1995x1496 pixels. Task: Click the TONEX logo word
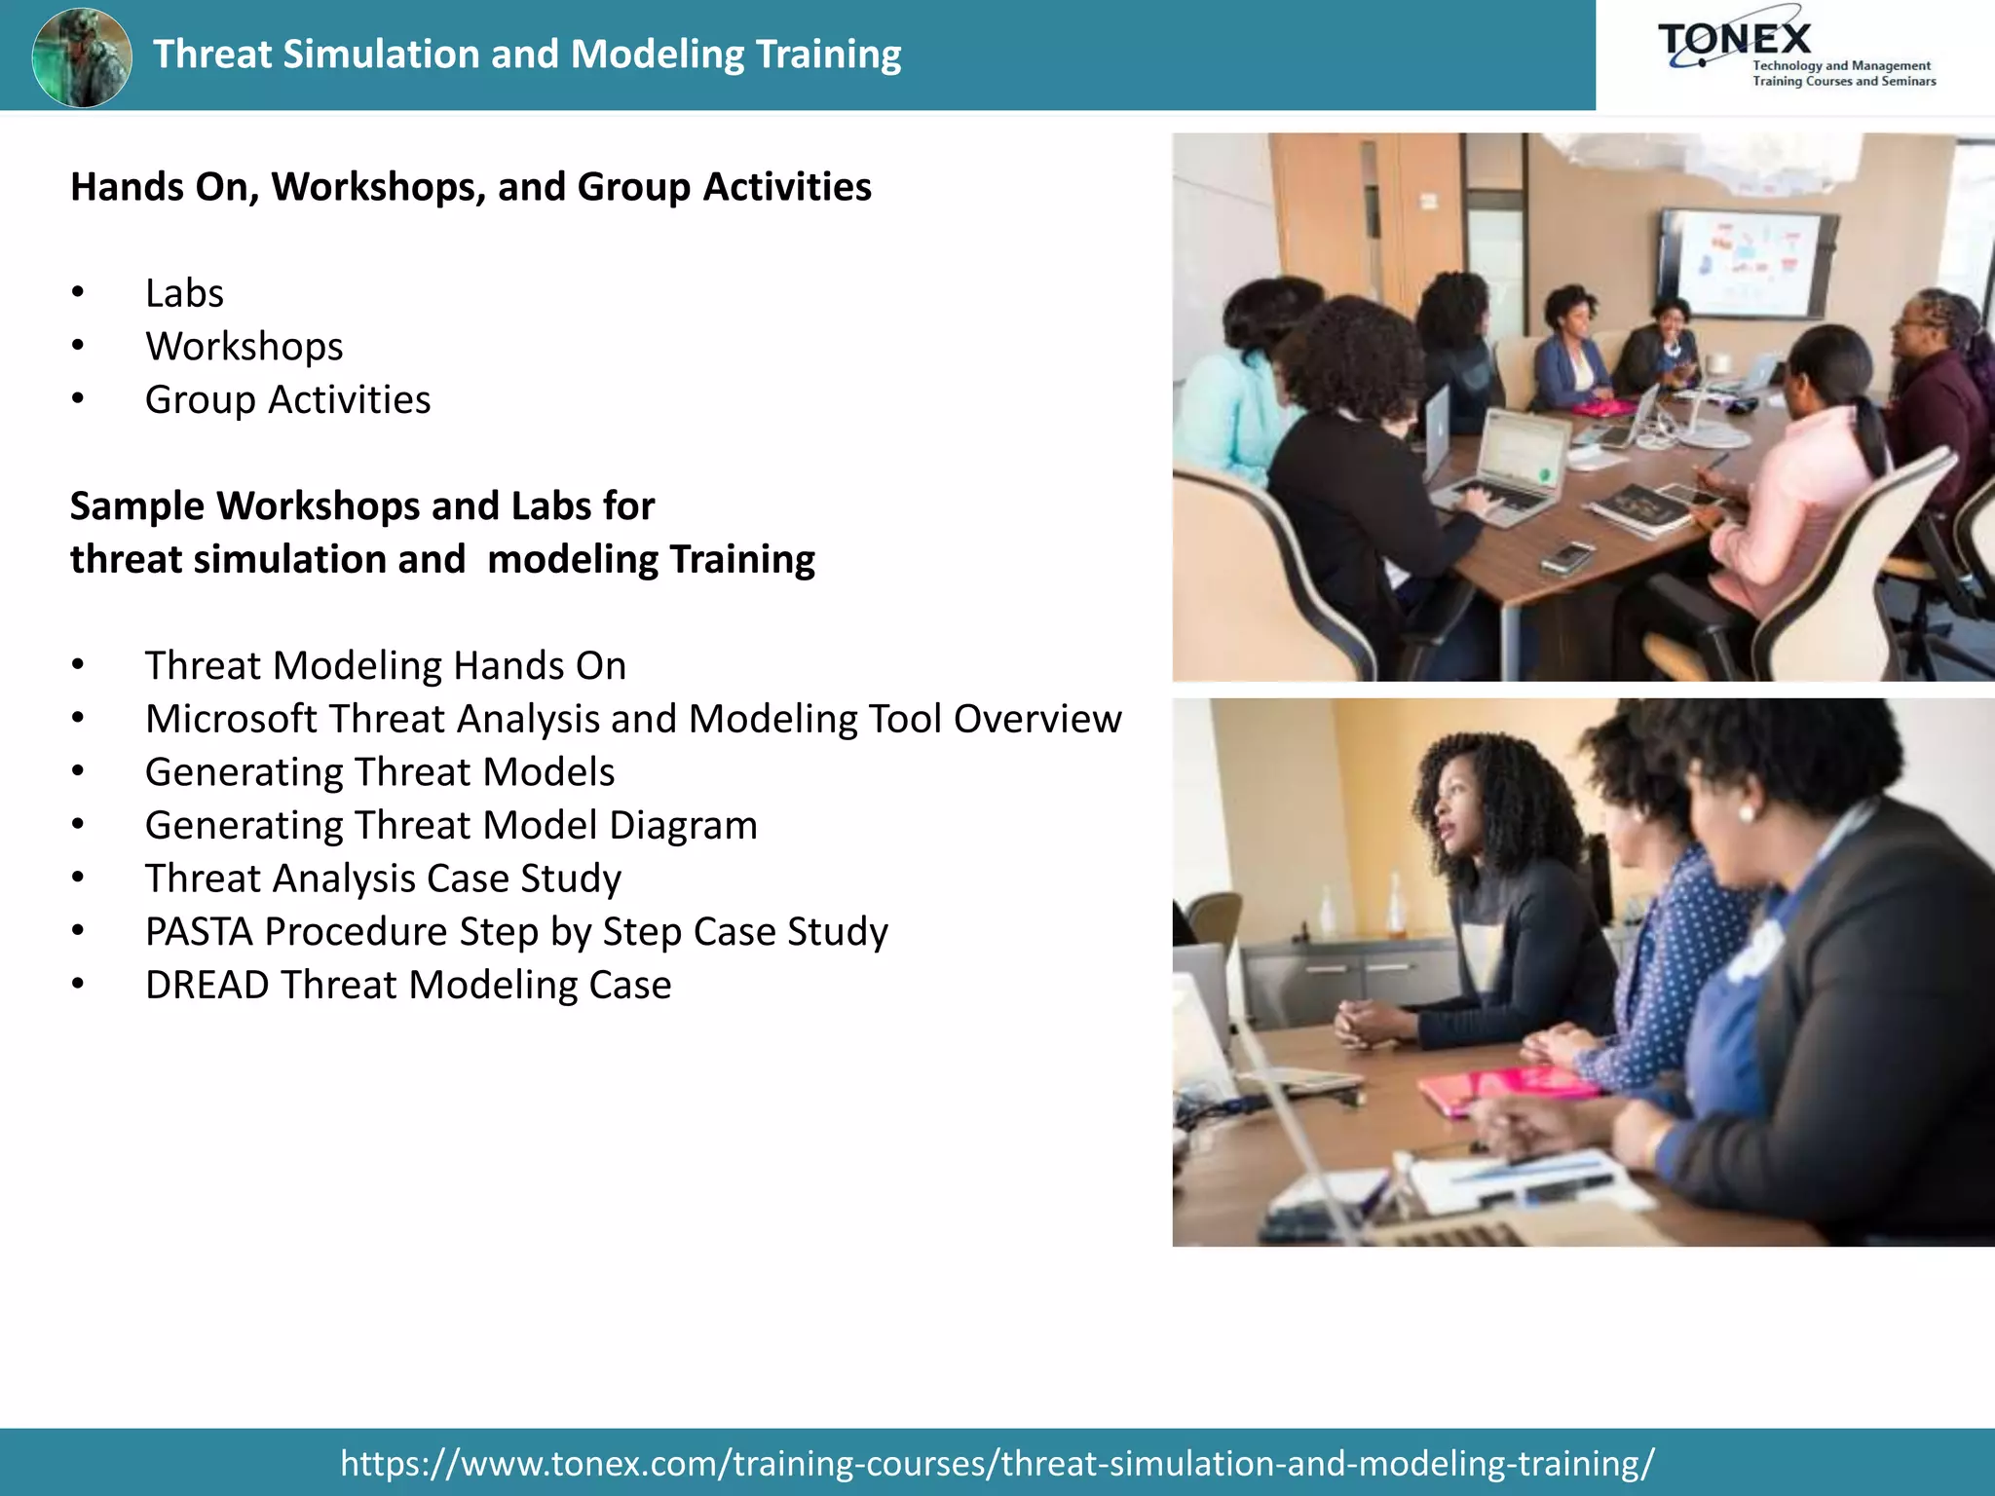(1735, 39)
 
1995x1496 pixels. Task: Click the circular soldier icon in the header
(82, 56)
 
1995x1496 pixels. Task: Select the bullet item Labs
(184, 293)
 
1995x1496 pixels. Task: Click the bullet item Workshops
(244, 347)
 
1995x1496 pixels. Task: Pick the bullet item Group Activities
(287, 400)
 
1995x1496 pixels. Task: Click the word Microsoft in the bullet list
(231, 719)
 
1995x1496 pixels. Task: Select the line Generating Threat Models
(380, 772)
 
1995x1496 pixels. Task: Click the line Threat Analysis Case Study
(383, 879)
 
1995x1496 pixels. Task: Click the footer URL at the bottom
(997, 1463)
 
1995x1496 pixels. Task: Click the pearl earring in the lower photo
(1747, 813)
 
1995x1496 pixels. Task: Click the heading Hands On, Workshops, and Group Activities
(471, 187)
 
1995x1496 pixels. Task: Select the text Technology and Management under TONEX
(1841, 66)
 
